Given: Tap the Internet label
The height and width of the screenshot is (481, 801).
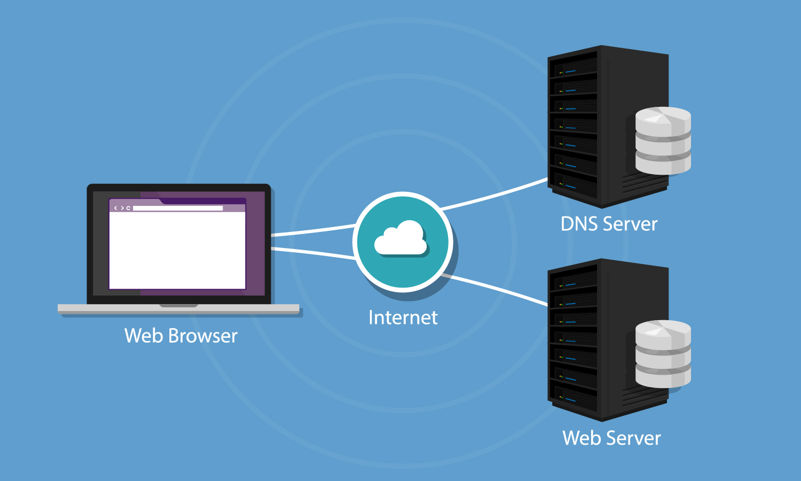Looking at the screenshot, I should [403, 317].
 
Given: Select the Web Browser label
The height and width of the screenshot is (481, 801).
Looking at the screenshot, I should [180, 336].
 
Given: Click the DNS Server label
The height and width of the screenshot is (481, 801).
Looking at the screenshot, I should [609, 224].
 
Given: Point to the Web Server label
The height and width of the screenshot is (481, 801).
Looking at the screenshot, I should [611, 438].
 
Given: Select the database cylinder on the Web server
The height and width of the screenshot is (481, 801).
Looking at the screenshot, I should [663, 354].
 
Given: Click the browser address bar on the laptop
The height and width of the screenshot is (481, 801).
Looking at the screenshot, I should [178, 208].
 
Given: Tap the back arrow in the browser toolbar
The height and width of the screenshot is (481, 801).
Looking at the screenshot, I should [116, 208].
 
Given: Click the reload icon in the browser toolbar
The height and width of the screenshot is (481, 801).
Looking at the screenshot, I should [128, 208].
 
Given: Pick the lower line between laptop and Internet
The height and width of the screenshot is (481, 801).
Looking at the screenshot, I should [312, 253].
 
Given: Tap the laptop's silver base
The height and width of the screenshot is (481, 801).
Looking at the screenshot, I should [178, 309].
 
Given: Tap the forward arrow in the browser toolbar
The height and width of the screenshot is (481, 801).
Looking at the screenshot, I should [122, 208].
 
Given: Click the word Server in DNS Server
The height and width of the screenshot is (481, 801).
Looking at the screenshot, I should [630, 224].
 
